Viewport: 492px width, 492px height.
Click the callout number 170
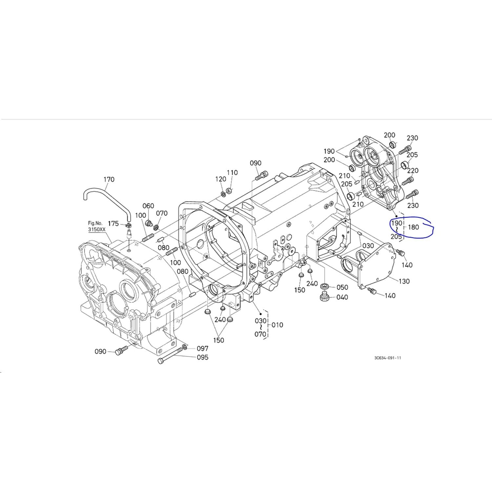pos(109,179)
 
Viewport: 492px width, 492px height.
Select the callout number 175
pos(113,223)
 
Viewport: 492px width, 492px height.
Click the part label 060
pos(148,206)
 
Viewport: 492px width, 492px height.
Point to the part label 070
pos(162,213)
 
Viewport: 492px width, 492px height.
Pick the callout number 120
pos(221,179)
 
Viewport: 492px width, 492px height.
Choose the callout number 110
pos(232,173)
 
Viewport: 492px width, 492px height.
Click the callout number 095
pos(202,357)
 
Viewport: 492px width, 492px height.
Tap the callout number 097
pos(202,349)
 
